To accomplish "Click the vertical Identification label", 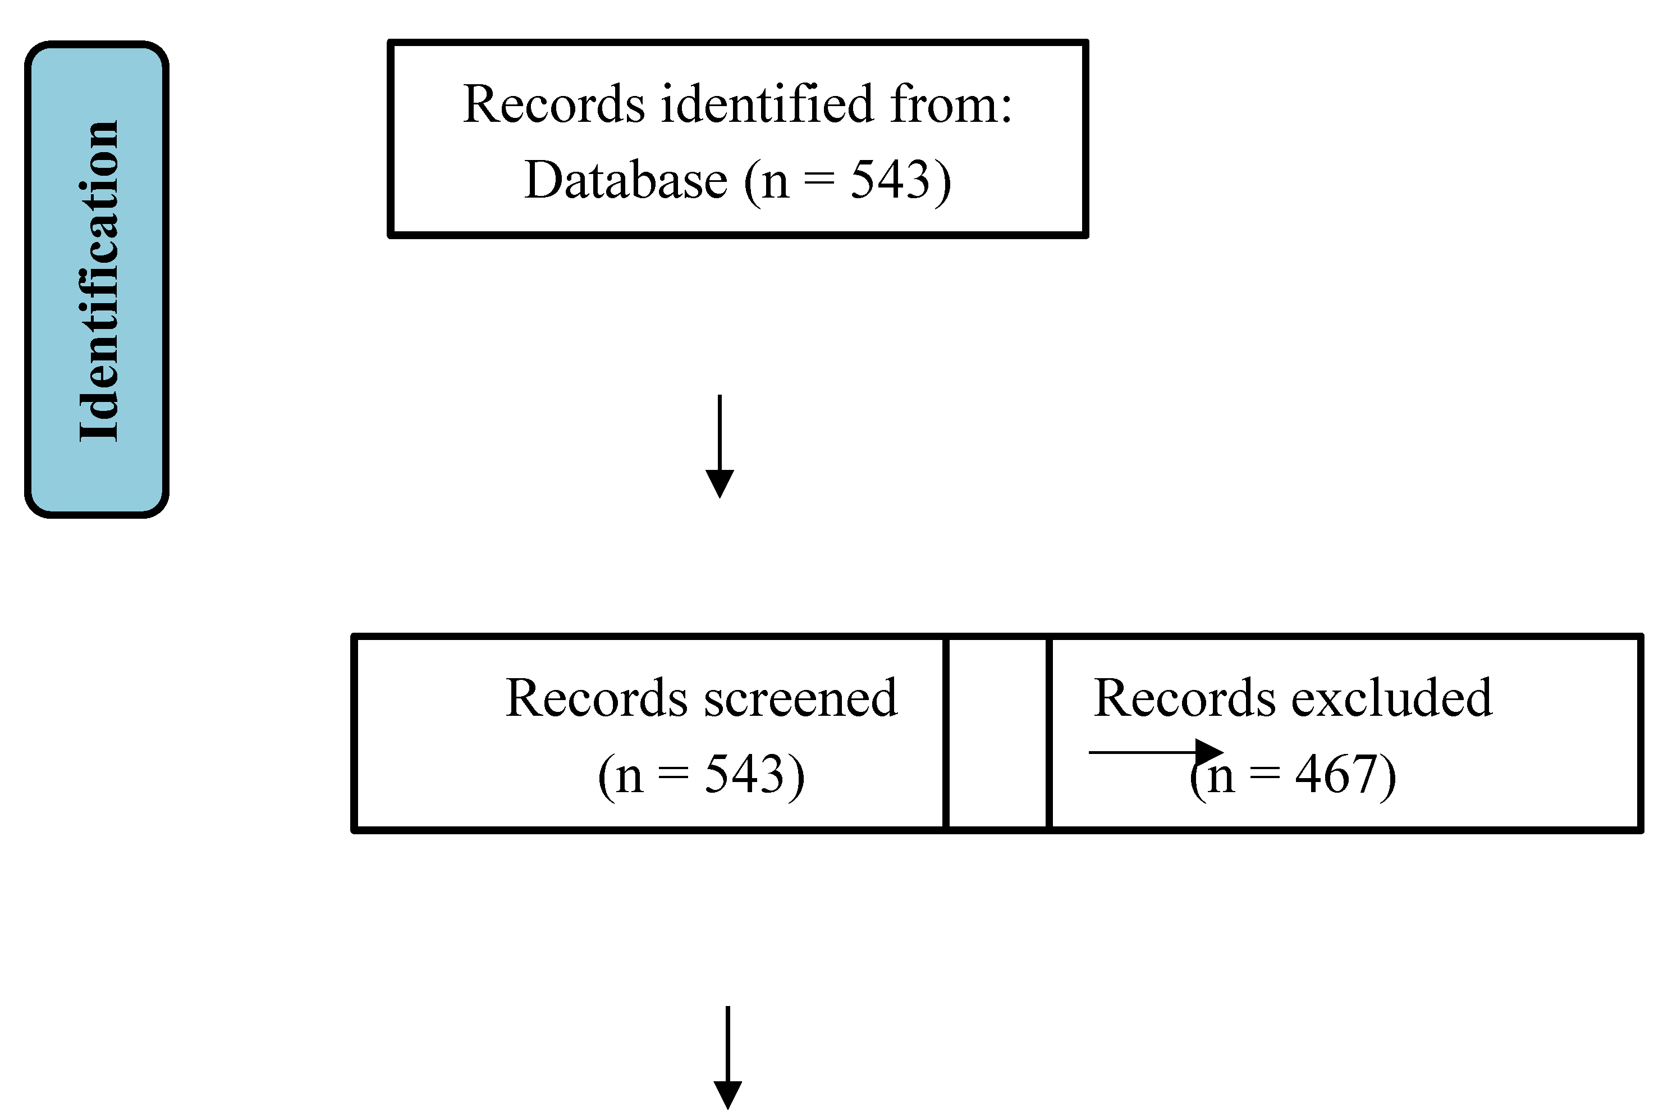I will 97,280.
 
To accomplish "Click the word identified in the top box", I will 766,104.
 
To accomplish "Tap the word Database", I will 625,180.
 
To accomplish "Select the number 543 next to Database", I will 890,180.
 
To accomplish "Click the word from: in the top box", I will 950,104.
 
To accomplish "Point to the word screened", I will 800,698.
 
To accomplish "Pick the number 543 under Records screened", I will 744,774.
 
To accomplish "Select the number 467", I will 1335,775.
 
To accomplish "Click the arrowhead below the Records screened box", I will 727,1094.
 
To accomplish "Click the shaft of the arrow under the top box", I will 719,432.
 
